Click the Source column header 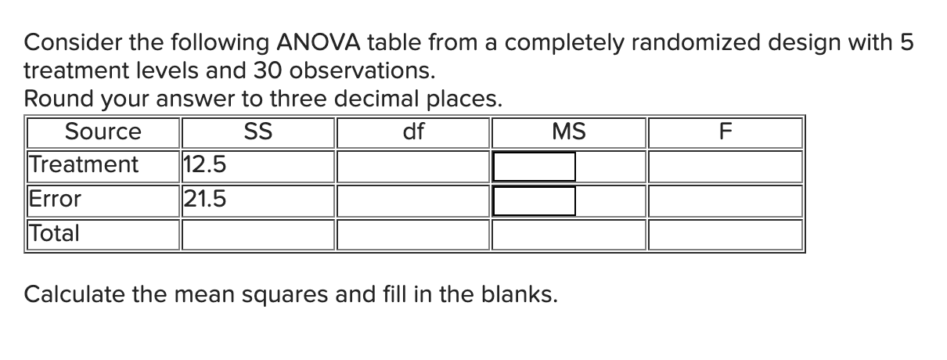click(x=103, y=132)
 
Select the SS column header click(x=258, y=132)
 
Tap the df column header click(x=413, y=132)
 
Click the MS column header click(x=568, y=132)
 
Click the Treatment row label click(x=83, y=165)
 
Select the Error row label click(x=55, y=200)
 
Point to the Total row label click(x=54, y=233)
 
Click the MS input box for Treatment click(x=535, y=166)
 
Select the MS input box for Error click(x=535, y=200)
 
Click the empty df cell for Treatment click(x=413, y=166)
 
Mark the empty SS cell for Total click(x=258, y=234)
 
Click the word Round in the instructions click(x=52, y=99)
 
